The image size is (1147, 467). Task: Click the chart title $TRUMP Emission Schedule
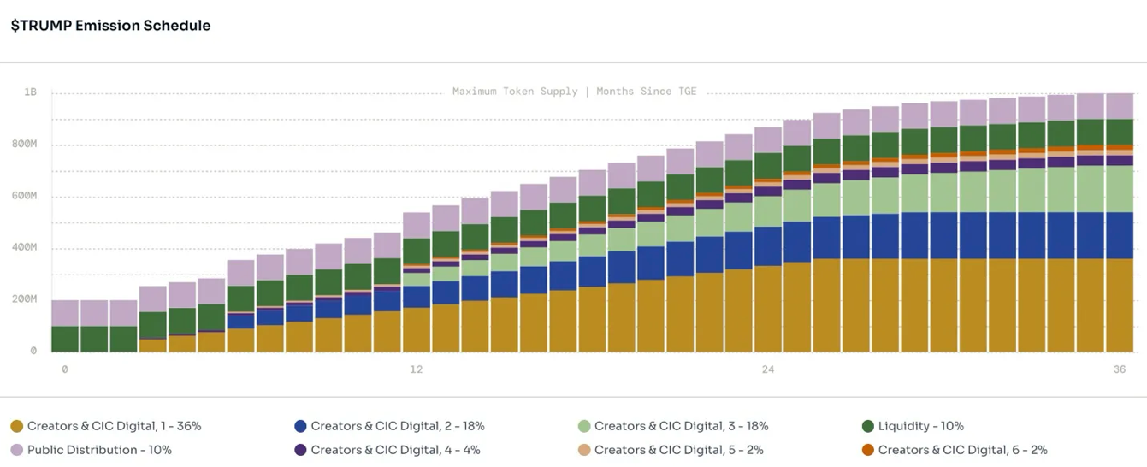tap(110, 26)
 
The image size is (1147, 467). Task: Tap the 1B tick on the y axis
tap(31, 92)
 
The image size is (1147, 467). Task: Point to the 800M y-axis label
tap(24, 145)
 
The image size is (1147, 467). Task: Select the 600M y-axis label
tap(24, 196)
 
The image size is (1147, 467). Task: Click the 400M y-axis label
tap(24, 247)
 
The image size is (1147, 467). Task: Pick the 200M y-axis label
tap(24, 299)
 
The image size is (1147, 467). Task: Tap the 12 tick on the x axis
tap(417, 369)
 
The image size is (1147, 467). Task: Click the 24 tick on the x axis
tap(768, 369)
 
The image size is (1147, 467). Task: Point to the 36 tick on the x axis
tap(1120, 369)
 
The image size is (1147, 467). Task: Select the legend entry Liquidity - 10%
tap(920, 426)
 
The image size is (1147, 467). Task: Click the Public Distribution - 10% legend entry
tap(99, 450)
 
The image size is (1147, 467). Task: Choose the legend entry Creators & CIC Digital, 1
tap(114, 426)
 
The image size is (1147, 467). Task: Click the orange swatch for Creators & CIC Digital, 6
tap(868, 450)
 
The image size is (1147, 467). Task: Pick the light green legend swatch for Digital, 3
tap(584, 426)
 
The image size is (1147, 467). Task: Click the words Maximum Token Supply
tap(515, 92)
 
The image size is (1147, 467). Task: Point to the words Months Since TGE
tap(647, 92)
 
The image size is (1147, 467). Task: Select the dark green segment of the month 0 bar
tap(65, 339)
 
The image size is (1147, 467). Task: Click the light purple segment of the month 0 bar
tap(65, 313)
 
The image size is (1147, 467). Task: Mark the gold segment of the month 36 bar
tap(1120, 305)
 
